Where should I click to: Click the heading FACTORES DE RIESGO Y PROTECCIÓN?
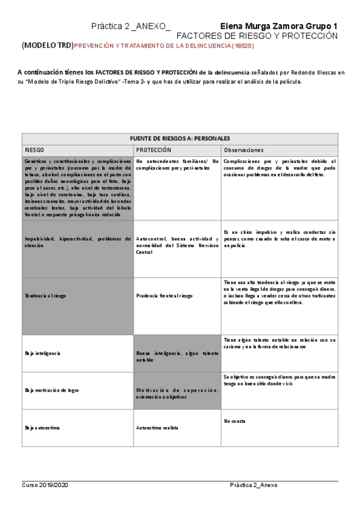257,36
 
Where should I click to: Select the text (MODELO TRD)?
47,46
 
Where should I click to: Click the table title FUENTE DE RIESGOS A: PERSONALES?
179,138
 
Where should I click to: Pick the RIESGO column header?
35,150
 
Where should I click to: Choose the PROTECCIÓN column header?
154,150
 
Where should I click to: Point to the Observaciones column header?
243,150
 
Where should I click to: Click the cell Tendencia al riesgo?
46,296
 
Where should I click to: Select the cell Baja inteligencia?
43,353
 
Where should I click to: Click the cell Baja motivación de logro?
52,390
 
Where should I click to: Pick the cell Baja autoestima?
41,428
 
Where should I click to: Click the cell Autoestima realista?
157,428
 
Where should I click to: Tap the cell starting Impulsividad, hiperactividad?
78,242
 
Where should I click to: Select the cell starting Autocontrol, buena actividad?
177,245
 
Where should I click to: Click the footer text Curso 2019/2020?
46,485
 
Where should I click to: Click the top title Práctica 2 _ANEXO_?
130,26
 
